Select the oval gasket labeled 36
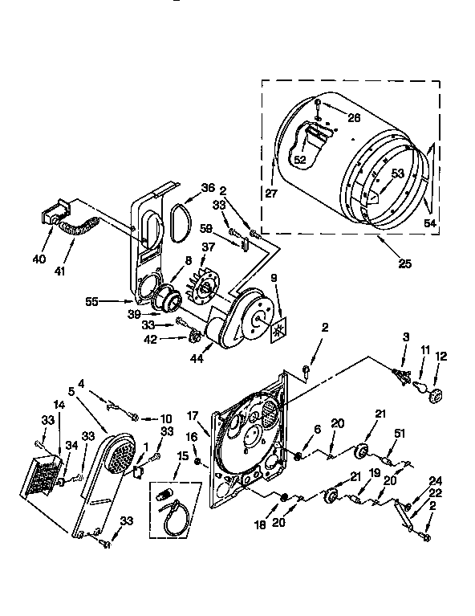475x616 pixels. click(x=177, y=220)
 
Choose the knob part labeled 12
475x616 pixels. click(x=436, y=396)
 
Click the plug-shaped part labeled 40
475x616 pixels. click(x=51, y=215)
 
